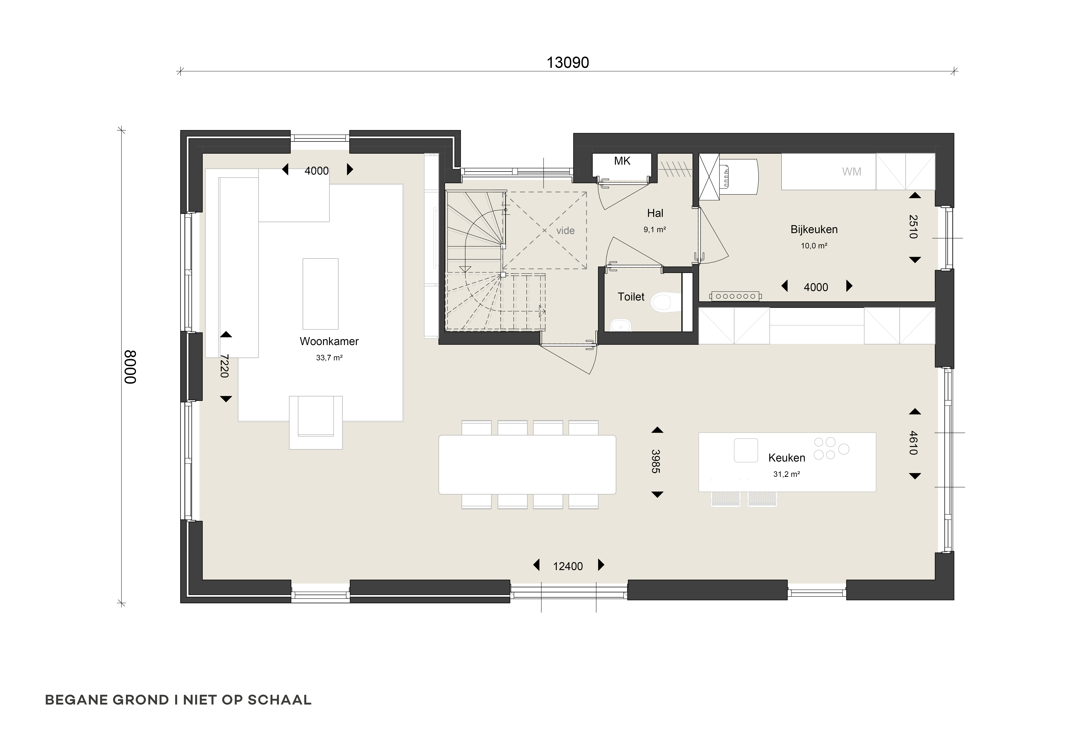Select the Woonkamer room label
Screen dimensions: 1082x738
329,341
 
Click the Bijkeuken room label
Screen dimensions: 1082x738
814,229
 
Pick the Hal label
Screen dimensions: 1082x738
655,213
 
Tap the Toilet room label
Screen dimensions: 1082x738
631,297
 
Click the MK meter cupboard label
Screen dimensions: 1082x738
622,161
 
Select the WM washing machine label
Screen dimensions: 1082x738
852,172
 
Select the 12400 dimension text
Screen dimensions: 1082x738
568,566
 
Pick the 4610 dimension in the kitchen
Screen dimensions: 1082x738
913,443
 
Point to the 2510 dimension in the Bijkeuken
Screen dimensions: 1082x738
913,227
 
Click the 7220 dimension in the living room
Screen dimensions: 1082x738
224,366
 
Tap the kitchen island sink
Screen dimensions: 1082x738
746,450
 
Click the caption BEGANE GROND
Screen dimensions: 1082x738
107,700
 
